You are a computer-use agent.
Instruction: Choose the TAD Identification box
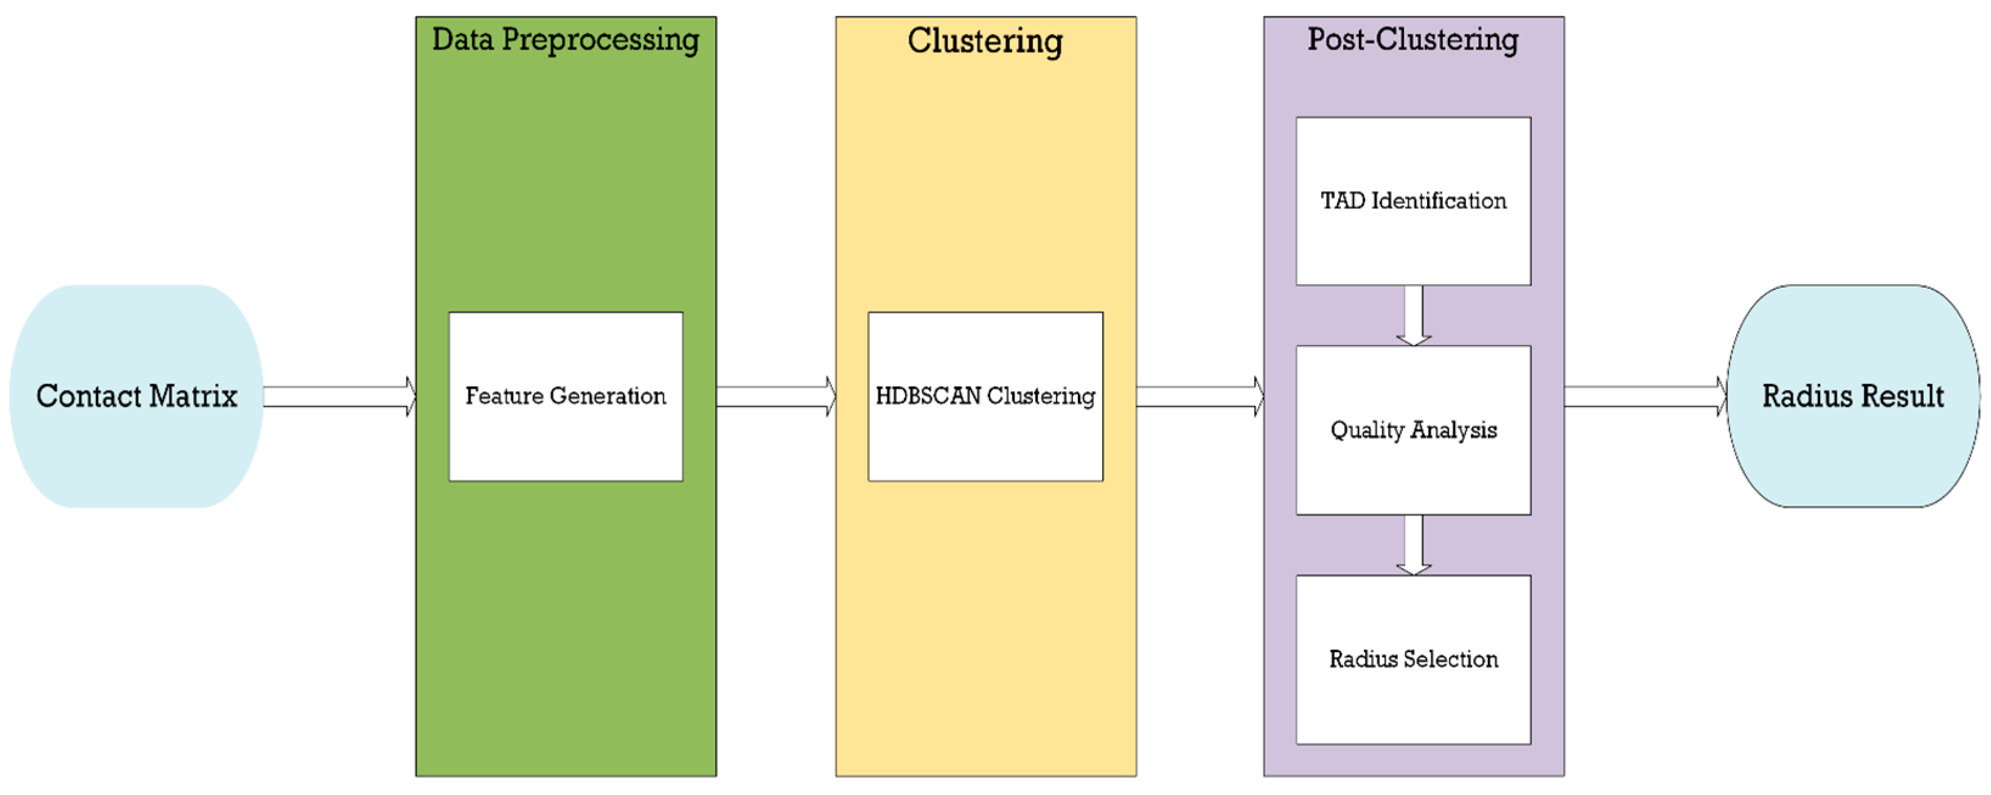click(x=1413, y=201)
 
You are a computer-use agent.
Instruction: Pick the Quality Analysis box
click(x=1413, y=429)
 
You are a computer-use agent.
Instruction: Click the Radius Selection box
click(x=1413, y=659)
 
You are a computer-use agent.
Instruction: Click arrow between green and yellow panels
click(x=775, y=397)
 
